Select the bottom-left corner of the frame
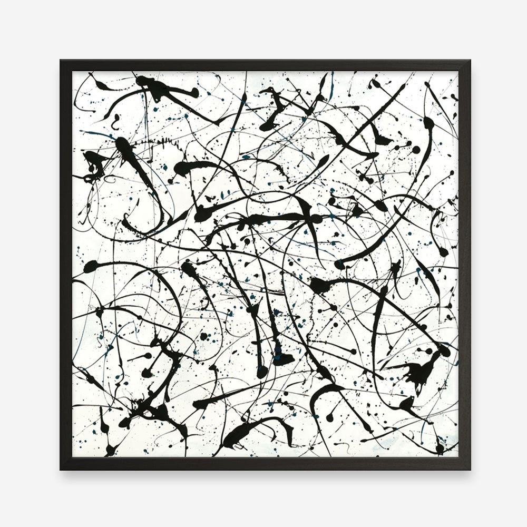(62, 468)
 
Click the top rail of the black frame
(263, 65)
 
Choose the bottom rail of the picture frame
(263, 463)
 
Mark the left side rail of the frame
(65, 263)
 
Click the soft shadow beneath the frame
(263, 474)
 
